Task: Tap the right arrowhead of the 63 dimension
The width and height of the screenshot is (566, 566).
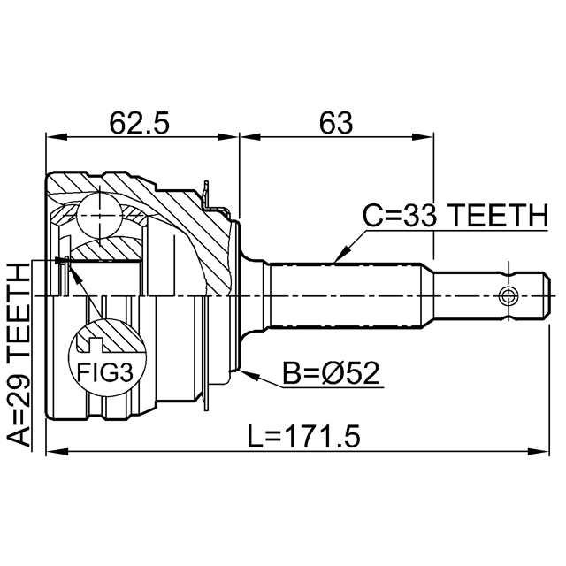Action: point(429,137)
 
